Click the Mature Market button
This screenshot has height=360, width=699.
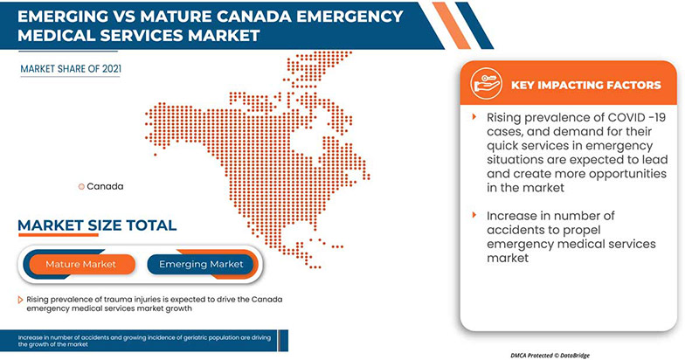point(80,264)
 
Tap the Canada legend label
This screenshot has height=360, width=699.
point(105,186)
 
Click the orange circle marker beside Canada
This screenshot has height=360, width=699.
point(81,186)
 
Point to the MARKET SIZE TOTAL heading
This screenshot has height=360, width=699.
point(97,225)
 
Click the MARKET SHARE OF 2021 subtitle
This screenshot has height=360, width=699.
point(70,67)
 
